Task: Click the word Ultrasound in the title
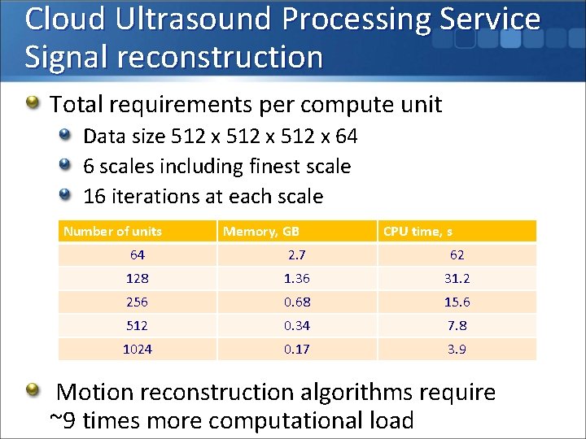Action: pos(190,19)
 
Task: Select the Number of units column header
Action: pos(112,232)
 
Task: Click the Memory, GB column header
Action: pos(261,232)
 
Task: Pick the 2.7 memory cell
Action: pos(295,255)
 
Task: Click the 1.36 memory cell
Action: pos(296,278)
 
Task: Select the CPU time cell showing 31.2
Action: pos(457,278)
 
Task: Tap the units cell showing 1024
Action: pos(137,350)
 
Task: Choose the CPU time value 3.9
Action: pos(457,350)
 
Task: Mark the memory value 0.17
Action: pos(296,350)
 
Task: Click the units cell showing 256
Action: pos(137,302)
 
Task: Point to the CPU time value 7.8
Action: pos(457,325)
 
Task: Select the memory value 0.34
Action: pos(296,325)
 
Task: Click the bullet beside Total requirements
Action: pos(33,103)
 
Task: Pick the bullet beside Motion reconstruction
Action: pos(33,392)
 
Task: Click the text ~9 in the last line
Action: pos(63,421)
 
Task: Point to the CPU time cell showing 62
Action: pos(457,255)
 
